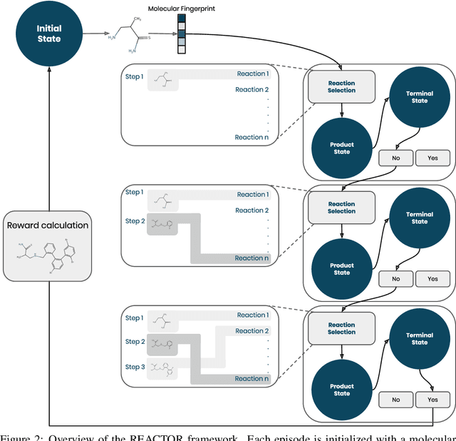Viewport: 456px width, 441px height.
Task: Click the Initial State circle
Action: point(49,34)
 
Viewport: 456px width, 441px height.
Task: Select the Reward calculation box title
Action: point(48,225)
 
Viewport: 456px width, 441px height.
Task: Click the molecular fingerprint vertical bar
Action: point(181,35)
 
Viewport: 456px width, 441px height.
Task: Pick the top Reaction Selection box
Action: point(341,87)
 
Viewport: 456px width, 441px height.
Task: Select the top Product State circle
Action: point(341,148)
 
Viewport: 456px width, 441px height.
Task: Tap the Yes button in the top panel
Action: point(432,158)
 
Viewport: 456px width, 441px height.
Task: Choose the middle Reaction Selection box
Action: point(341,208)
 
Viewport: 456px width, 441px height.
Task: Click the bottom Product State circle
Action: point(341,390)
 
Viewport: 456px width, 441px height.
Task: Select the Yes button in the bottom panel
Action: point(432,400)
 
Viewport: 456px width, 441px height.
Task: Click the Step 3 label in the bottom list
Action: point(134,367)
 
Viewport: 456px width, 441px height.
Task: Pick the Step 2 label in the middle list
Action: point(134,221)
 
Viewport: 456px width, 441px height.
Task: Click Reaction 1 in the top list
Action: point(252,74)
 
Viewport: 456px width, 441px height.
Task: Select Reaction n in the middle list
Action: point(252,258)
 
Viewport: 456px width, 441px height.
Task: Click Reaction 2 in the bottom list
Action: point(252,331)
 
